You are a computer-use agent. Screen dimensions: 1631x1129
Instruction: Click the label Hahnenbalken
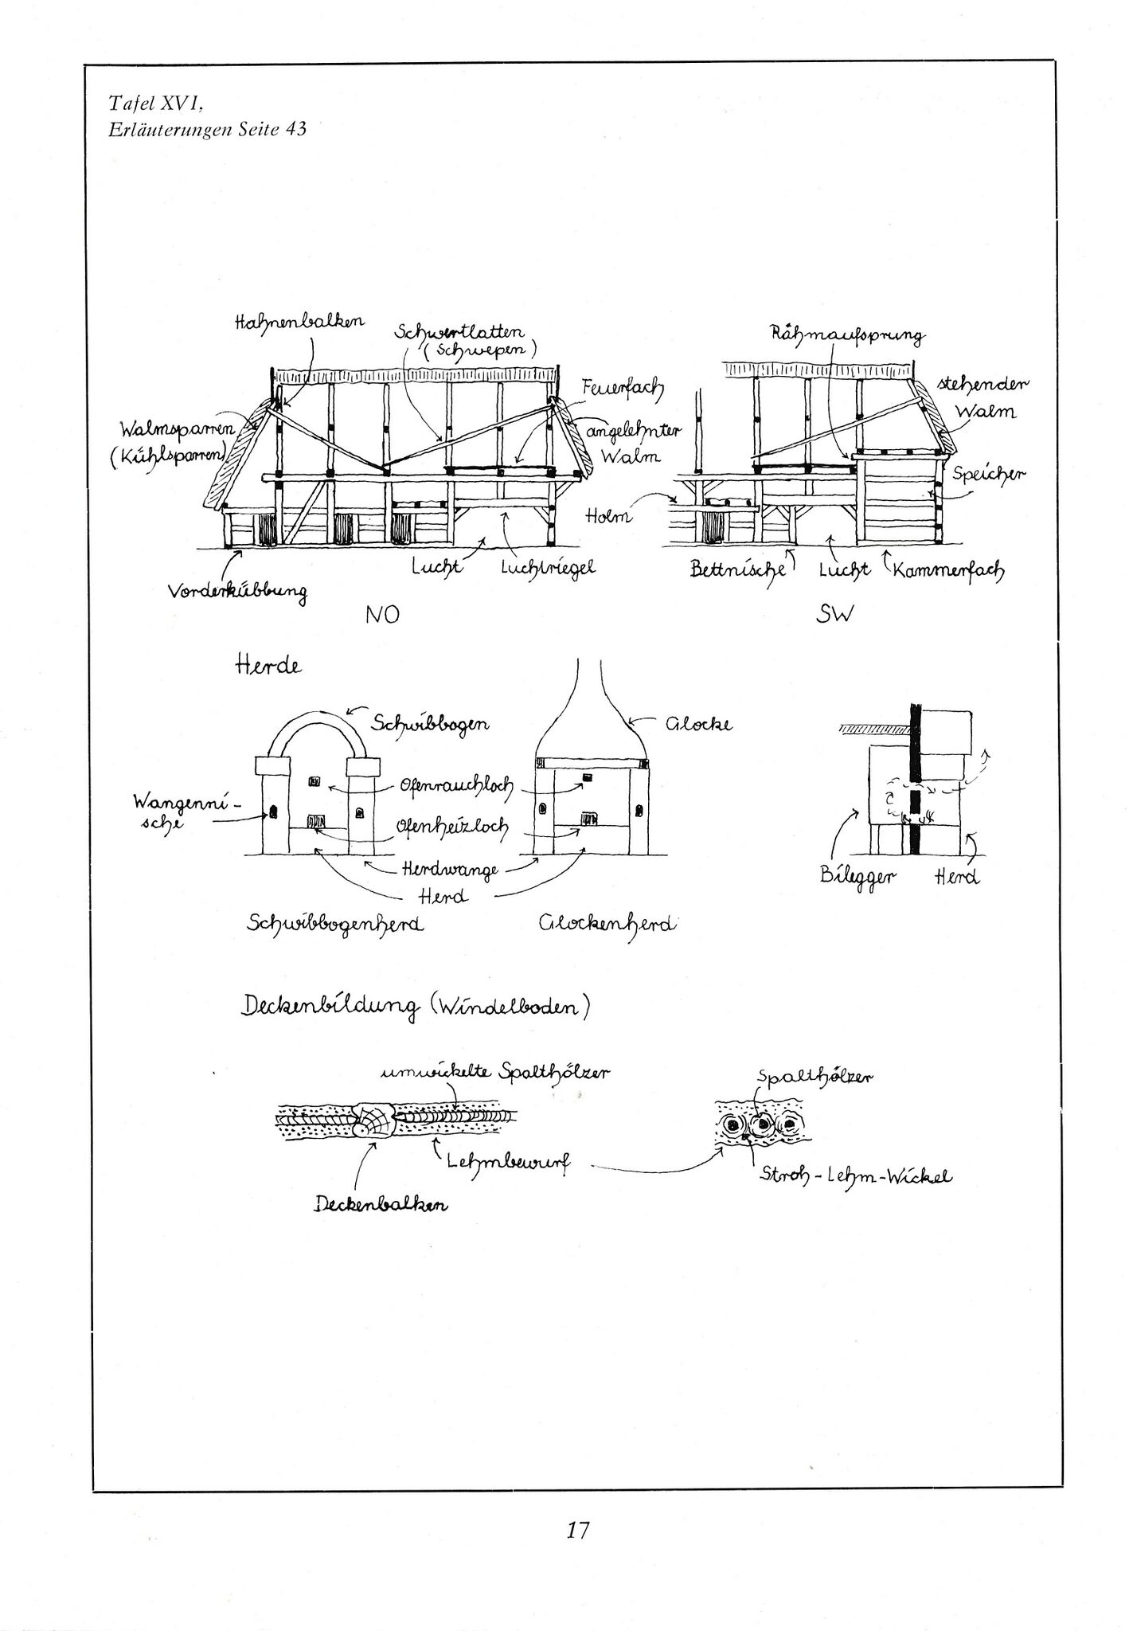point(299,321)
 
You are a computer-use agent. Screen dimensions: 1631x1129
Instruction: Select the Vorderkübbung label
point(237,592)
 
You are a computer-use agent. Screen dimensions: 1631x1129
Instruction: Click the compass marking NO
point(381,616)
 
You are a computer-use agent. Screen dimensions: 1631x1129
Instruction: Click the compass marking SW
point(834,616)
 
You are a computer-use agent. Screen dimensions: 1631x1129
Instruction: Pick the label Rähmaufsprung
point(847,335)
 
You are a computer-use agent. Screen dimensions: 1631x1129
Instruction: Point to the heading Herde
point(268,666)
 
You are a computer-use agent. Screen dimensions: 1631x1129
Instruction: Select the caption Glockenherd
point(607,924)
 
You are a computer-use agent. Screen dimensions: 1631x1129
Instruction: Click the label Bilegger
point(858,877)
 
